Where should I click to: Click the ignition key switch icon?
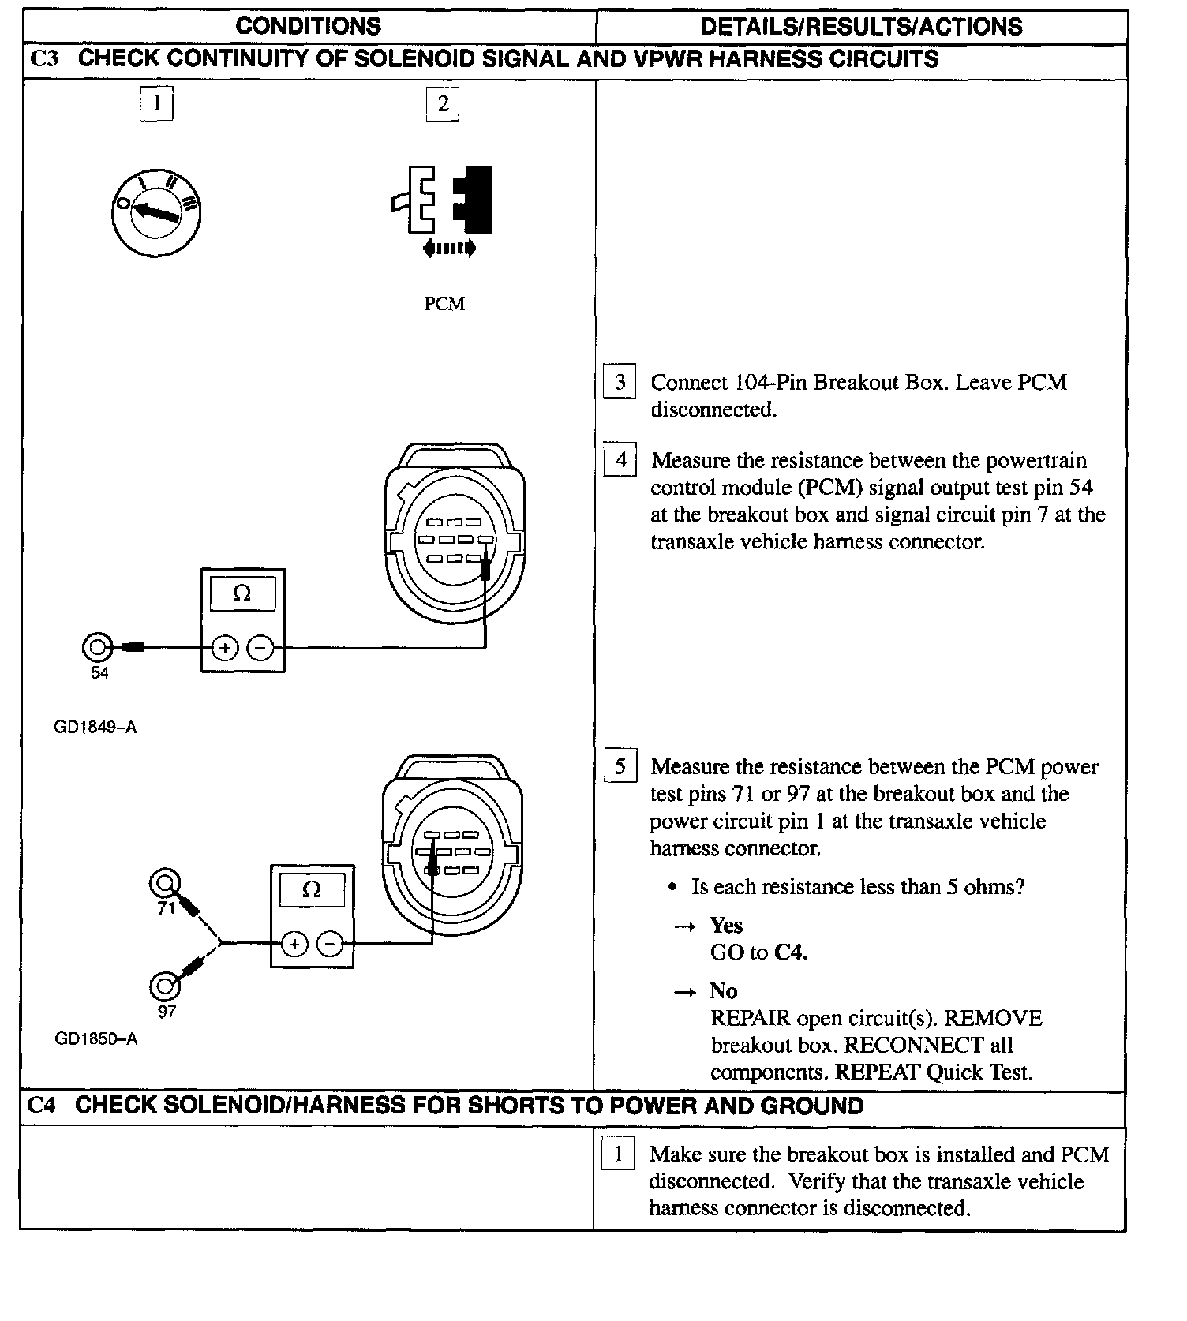[x=155, y=211]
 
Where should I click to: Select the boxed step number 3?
[x=620, y=382]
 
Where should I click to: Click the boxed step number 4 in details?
[x=620, y=459]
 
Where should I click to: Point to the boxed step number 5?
[x=620, y=766]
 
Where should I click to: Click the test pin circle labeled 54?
[x=97, y=648]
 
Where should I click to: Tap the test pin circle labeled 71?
[x=165, y=882]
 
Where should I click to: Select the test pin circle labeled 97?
[x=165, y=986]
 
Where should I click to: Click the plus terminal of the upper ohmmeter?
[x=225, y=649]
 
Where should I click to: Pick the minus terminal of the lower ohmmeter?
[x=331, y=944]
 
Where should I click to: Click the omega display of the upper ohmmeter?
[x=242, y=593]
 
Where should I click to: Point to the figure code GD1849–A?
[x=95, y=728]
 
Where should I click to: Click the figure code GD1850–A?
[x=95, y=1039]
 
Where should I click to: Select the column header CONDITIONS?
[x=308, y=27]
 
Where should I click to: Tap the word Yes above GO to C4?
[x=725, y=925]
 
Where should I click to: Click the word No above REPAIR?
[x=722, y=990]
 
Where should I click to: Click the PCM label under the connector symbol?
[x=444, y=304]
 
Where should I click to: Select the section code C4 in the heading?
[x=42, y=1106]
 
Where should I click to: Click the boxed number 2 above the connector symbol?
[x=443, y=103]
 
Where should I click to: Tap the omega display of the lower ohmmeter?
[x=312, y=889]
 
